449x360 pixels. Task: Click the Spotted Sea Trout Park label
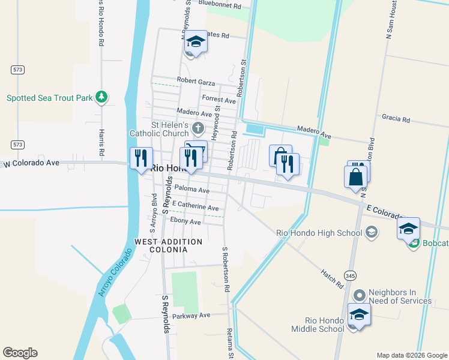[49, 98]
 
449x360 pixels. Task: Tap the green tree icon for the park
[102, 97]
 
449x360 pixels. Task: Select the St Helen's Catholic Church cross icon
[199, 127]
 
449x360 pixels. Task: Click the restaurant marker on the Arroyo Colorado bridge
[141, 158]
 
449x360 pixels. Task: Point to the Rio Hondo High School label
[319, 233]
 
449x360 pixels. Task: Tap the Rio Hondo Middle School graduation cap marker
[359, 314]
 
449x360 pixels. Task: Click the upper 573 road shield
[17, 70]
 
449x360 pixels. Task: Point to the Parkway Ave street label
[191, 316]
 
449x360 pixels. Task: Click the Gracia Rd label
[395, 119]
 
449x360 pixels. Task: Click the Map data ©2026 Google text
[411, 355]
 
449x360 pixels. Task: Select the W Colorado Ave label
[31, 163]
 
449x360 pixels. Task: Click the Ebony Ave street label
[185, 221]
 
